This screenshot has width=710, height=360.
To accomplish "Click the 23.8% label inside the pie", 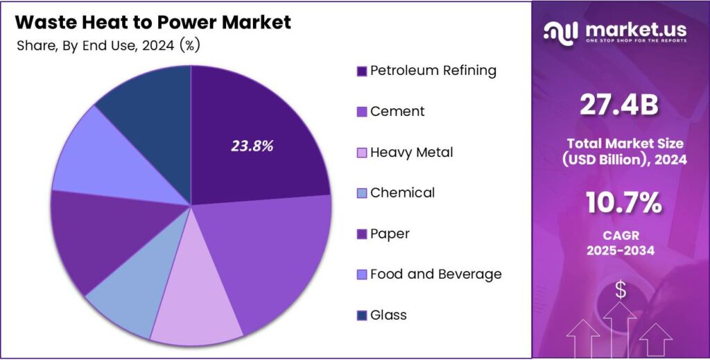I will tap(252, 146).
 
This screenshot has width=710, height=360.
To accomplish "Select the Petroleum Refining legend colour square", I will tap(361, 71).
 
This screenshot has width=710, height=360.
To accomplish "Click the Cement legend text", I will tap(397, 111).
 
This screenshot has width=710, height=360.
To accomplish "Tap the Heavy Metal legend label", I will tap(411, 152).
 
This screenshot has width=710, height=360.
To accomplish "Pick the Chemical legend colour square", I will tap(361, 193).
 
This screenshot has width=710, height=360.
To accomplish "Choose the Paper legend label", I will tap(390, 234).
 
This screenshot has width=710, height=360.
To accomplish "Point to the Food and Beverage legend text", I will tap(435, 274).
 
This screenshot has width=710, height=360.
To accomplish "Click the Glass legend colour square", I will tap(361, 316).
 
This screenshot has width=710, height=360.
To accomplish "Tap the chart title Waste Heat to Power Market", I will tap(153, 22).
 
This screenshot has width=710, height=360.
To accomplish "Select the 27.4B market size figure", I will tap(618, 105).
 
